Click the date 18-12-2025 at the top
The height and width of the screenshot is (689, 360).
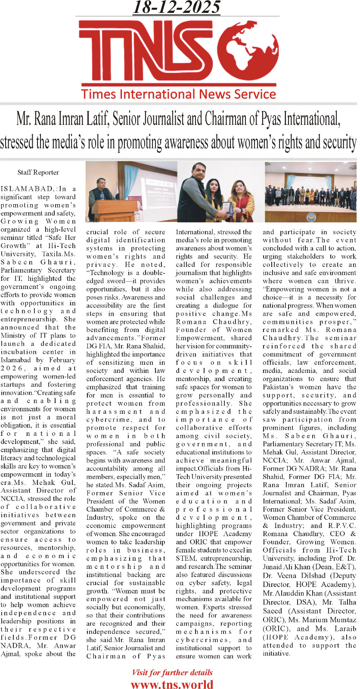click(x=177, y=8)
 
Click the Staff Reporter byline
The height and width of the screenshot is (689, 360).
click(x=38, y=172)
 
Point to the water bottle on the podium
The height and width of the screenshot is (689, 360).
click(x=102, y=196)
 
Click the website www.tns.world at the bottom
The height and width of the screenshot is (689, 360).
click(x=172, y=684)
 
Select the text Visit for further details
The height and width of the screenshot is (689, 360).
click(x=172, y=673)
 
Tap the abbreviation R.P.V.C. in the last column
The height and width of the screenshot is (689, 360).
click(x=342, y=526)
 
